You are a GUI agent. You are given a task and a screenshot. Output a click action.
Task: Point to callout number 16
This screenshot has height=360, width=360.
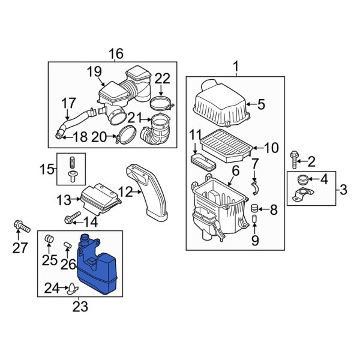116,55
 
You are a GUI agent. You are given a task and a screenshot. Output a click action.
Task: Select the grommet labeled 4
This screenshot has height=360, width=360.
302,178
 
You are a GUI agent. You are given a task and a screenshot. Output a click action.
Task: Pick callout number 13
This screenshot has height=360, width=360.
64,199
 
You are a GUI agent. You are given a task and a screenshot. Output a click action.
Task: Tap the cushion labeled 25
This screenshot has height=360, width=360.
50,242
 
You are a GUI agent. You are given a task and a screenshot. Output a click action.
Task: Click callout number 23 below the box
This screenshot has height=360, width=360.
80,307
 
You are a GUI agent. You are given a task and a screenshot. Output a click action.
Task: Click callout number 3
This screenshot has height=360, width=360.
343,190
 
